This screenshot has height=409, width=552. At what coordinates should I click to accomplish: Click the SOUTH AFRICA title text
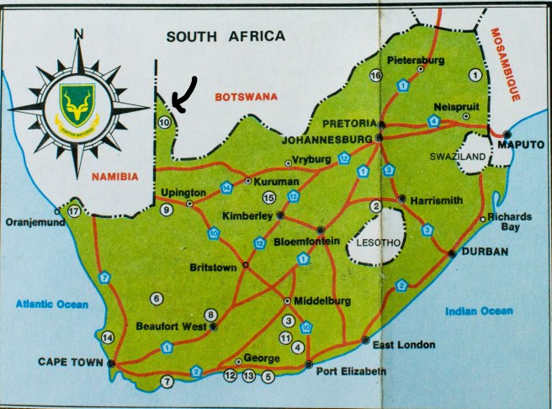click(x=226, y=36)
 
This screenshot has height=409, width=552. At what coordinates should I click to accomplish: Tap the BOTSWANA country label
click(x=245, y=98)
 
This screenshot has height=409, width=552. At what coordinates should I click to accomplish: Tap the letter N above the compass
click(x=79, y=35)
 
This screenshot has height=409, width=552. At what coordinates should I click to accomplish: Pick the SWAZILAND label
click(x=459, y=157)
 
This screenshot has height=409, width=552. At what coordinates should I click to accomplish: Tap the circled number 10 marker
click(x=164, y=123)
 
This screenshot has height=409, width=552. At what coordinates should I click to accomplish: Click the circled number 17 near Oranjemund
click(x=74, y=210)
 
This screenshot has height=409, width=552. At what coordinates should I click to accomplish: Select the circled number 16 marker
click(x=375, y=76)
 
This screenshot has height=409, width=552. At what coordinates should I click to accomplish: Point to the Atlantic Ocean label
click(x=55, y=304)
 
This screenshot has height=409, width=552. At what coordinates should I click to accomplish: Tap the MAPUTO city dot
click(x=507, y=135)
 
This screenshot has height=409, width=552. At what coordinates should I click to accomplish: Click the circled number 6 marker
click(x=157, y=298)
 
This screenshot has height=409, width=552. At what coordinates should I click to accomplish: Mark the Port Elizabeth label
click(x=353, y=371)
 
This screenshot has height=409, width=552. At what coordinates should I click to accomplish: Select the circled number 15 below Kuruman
click(x=269, y=198)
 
